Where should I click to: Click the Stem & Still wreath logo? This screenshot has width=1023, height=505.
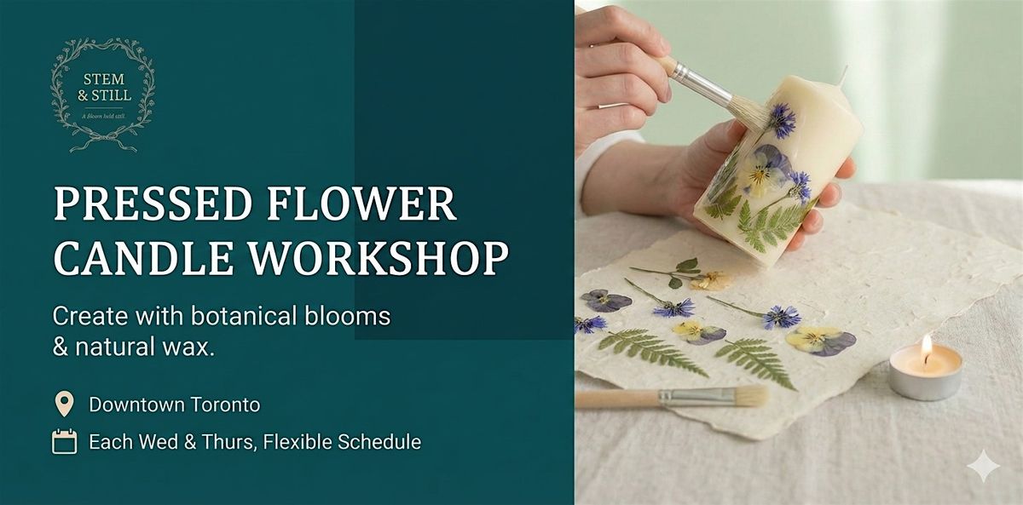102,94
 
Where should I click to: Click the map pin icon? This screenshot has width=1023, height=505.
64,404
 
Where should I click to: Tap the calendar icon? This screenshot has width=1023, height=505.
64,442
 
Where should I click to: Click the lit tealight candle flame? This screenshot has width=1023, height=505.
927,345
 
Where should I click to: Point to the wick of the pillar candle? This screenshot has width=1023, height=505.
845,76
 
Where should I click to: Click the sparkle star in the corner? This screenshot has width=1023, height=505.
983,466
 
